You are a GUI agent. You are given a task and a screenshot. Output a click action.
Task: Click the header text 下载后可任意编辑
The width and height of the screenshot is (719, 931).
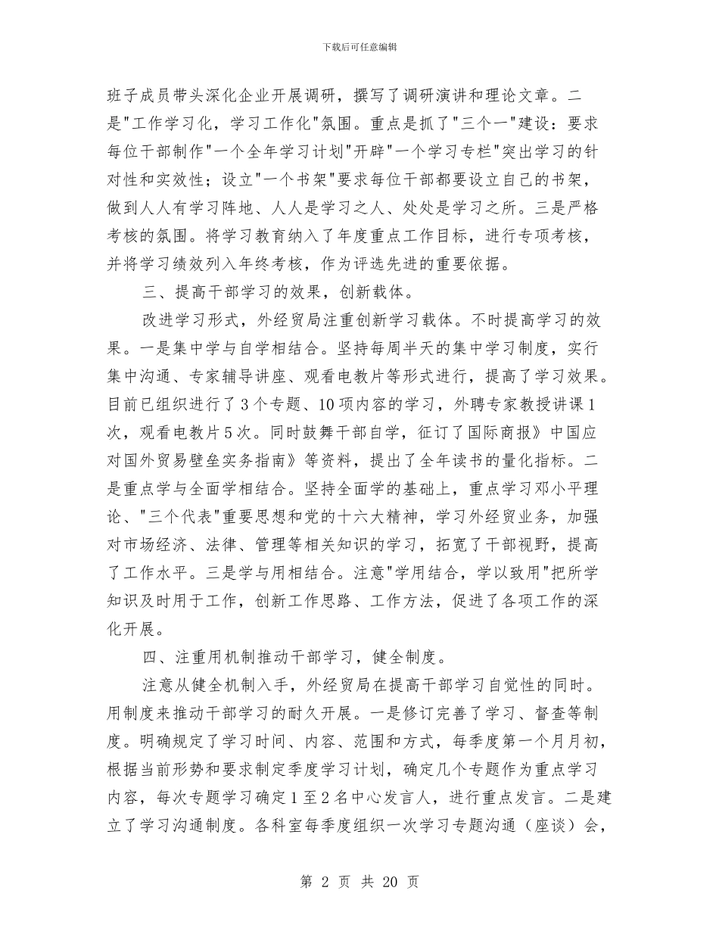359,47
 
